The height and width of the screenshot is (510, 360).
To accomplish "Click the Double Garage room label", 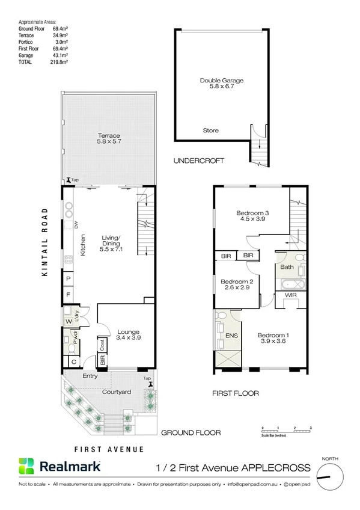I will click(222, 80).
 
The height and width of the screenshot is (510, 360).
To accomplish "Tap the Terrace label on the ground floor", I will click(109, 136).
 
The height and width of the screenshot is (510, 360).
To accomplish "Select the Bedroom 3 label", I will click(252, 212).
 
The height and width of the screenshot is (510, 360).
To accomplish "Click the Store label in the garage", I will click(210, 131).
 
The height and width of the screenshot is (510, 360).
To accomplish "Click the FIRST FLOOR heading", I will click(235, 393).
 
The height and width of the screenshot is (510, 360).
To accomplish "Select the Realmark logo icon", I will click(27, 467).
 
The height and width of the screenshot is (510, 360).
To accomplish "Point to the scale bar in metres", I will click(286, 431).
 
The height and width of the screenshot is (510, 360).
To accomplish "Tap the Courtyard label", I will click(117, 392).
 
